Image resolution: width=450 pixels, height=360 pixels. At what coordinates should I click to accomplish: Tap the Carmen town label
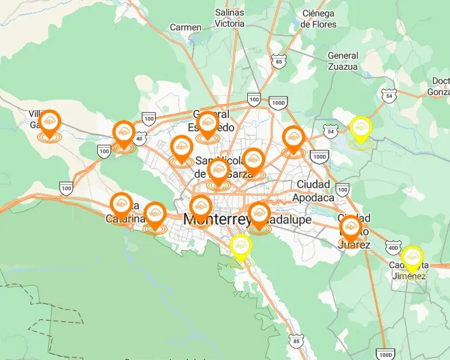click(x=186, y=27)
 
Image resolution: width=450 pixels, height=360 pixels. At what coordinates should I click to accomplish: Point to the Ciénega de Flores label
click(x=318, y=19)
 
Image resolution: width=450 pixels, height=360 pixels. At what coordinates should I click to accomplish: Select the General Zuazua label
click(x=343, y=61)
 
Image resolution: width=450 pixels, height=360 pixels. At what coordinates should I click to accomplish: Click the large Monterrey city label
click(x=215, y=219)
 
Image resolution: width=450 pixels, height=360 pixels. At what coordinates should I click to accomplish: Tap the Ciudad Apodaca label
click(x=313, y=190)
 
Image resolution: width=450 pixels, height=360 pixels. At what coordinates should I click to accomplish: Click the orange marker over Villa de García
click(x=50, y=123)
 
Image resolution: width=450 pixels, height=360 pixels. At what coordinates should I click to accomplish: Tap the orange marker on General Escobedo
click(x=207, y=123)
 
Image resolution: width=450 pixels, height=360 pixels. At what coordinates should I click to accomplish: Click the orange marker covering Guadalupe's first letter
click(x=259, y=214)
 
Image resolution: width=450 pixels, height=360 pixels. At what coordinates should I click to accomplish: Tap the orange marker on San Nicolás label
click(x=218, y=171)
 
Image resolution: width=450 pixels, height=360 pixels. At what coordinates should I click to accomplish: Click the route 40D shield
click(x=394, y=248)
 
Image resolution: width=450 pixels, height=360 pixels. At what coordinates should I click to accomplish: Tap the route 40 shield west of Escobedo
click(x=139, y=137)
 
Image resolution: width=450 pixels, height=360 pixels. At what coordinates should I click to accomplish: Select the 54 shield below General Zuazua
click(x=389, y=95)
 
